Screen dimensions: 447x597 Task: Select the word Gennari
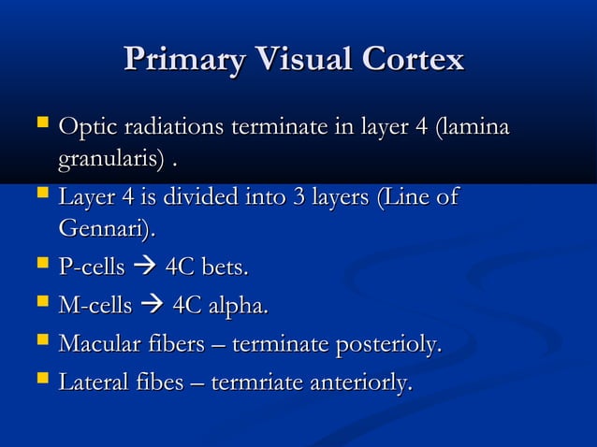(x=106, y=228)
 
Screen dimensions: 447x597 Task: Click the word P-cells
(x=92, y=268)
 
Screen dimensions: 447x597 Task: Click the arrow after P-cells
(x=145, y=269)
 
